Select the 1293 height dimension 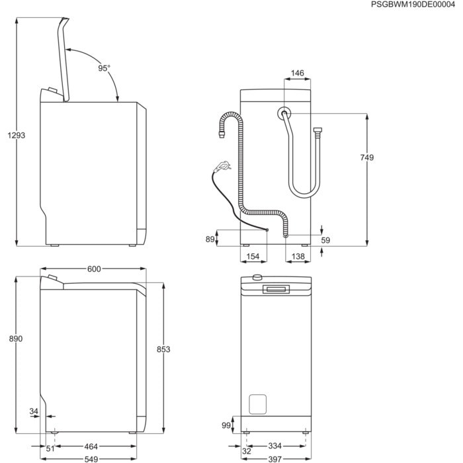(x=16, y=135)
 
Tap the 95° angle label (x=105, y=68)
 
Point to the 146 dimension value (x=297, y=73)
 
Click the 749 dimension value (x=367, y=157)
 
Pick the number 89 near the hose (x=210, y=239)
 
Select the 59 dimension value (x=325, y=240)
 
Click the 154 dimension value (x=252, y=255)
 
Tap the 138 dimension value (x=298, y=255)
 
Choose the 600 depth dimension (x=93, y=269)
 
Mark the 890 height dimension (x=16, y=338)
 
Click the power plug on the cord (x=223, y=165)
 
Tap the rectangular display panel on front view (x=276, y=289)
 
